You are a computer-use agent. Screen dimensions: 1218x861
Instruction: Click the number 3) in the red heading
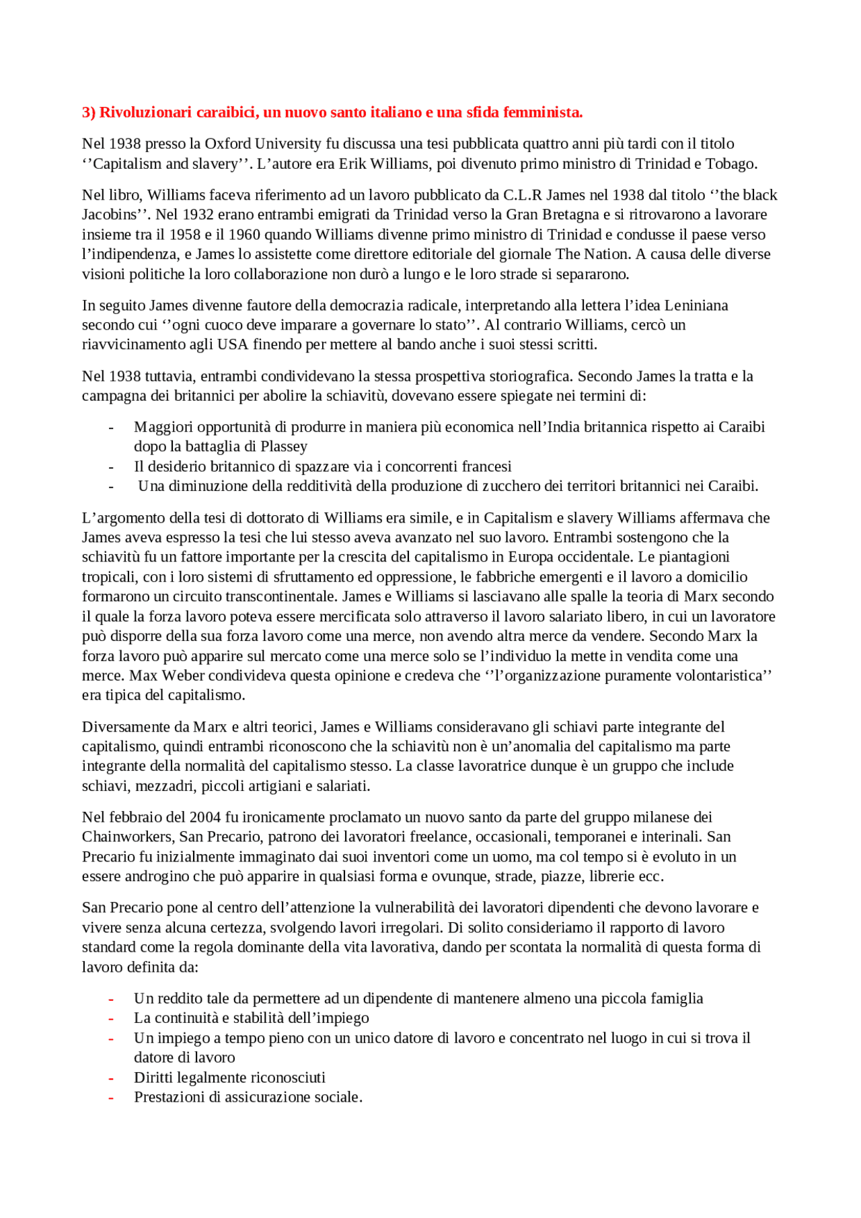89,112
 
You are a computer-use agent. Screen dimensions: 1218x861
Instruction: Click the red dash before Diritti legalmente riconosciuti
111,1078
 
